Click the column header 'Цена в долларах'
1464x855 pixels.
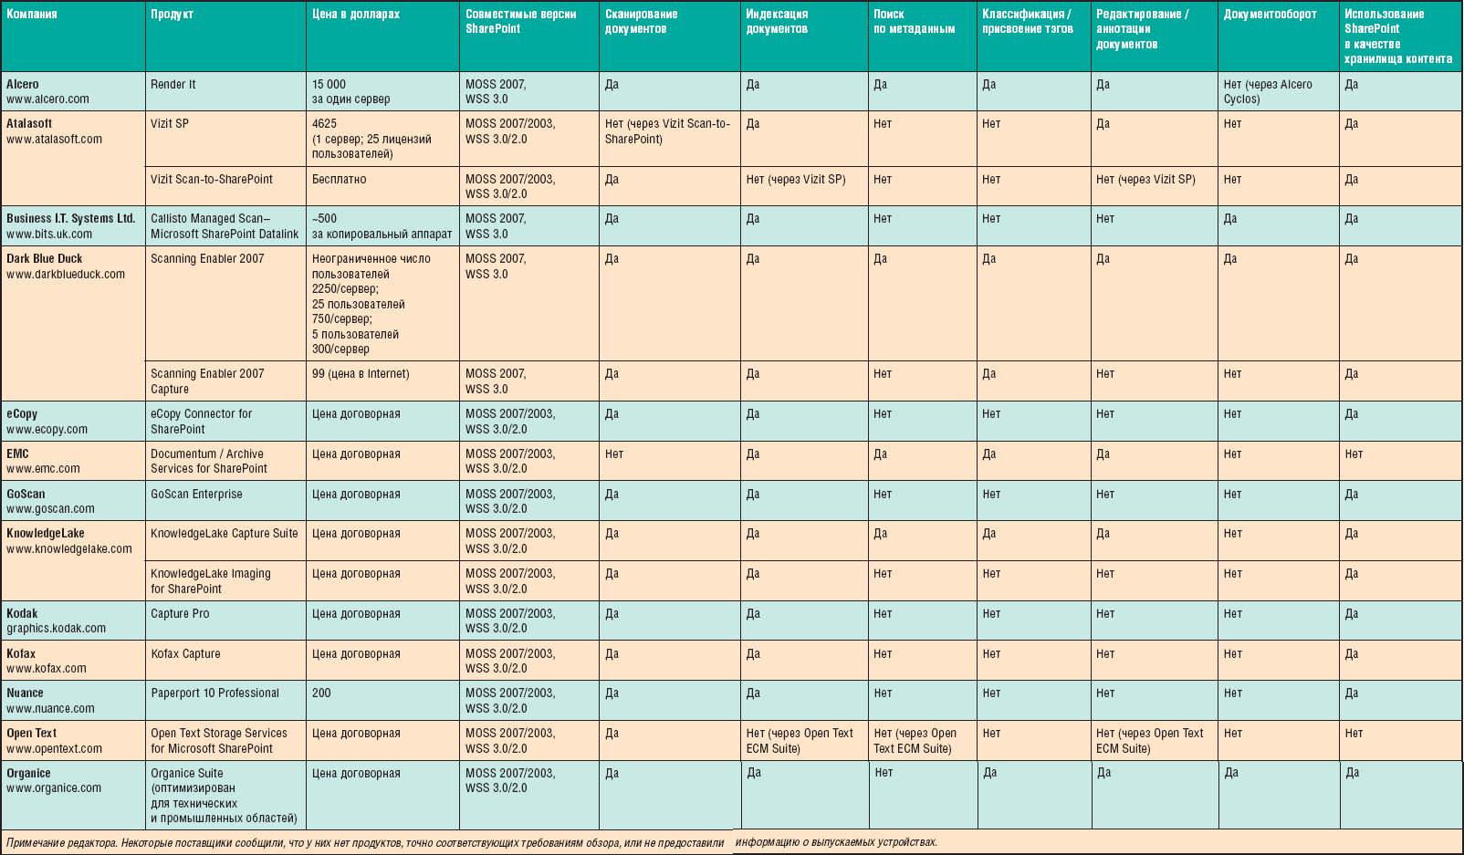tap(356, 15)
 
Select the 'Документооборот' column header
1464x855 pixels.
tap(1270, 15)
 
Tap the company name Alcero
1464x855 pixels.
tap(23, 84)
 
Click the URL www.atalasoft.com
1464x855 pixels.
tap(54, 140)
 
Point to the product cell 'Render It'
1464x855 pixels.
tap(173, 84)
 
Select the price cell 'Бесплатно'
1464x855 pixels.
tap(339, 180)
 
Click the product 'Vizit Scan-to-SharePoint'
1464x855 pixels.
tap(212, 180)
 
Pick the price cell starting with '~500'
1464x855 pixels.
tap(382, 226)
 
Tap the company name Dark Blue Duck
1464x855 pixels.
tap(44, 259)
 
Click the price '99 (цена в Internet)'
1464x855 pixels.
tap(361, 374)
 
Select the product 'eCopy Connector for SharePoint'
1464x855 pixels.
tap(202, 422)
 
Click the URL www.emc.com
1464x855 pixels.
tap(43, 469)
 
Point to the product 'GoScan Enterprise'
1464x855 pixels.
tap(196, 495)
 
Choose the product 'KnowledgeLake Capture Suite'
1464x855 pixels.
tap(225, 534)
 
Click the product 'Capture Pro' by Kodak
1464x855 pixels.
tap(180, 614)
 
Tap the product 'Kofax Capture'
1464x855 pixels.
tap(185, 654)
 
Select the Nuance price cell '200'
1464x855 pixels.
tap(321, 693)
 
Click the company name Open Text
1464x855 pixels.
tap(31, 734)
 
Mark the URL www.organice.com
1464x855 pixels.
tap(54, 788)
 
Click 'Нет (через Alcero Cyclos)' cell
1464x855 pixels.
tap(1268, 91)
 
